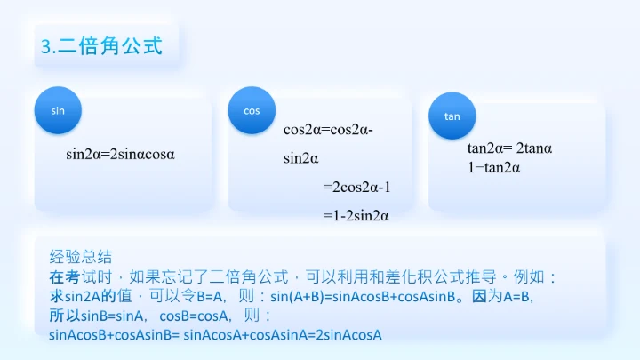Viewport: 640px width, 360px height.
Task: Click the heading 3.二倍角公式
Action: coord(102,47)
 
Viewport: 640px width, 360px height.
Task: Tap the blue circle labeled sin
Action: coord(59,110)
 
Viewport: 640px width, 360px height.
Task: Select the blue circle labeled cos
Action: coord(252,110)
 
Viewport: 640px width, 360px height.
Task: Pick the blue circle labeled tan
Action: coord(452,116)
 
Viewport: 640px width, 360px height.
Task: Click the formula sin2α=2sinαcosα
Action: coord(121,154)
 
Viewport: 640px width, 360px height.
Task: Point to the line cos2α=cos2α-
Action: coord(328,130)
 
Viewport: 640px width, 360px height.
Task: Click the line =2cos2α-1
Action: coord(356,188)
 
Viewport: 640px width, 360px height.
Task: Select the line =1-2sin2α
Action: coord(356,216)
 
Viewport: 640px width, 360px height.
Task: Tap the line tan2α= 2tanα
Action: coord(510,148)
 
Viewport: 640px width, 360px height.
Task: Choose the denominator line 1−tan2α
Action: coord(493,167)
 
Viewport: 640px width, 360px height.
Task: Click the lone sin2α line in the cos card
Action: coord(301,159)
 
